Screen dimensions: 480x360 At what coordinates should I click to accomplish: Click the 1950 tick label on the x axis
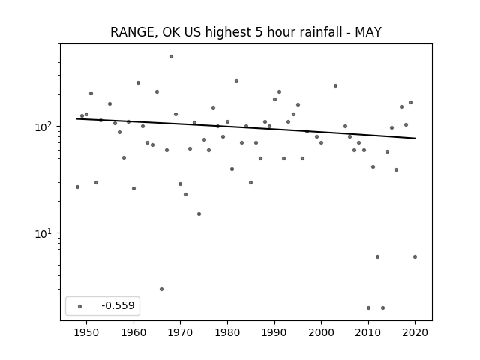coord(87,332)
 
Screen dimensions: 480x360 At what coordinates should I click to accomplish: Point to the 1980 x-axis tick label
coord(227,332)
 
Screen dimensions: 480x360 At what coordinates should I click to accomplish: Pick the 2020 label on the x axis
coord(415,332)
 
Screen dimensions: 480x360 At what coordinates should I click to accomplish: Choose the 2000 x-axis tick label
coord(321,332)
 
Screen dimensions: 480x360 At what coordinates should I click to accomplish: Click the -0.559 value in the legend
coord(118,305)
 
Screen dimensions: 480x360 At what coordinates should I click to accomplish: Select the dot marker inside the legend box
coord(80,306)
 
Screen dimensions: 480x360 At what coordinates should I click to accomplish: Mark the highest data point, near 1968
coord(172,57)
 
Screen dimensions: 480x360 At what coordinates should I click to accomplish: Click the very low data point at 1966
coord(162,289)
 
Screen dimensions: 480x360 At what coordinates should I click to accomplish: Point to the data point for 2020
coord(415,256)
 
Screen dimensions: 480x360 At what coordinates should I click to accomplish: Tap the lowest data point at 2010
coord(368,307)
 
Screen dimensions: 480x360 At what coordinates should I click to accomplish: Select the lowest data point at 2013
coord(382,307)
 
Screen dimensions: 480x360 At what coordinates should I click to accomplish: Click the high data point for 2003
coord(335,86)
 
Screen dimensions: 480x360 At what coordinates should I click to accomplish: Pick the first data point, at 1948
coord(77,187)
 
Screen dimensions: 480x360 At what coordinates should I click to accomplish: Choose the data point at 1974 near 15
coord(199,214)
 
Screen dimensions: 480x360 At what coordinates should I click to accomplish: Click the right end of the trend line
coord(415,138)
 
